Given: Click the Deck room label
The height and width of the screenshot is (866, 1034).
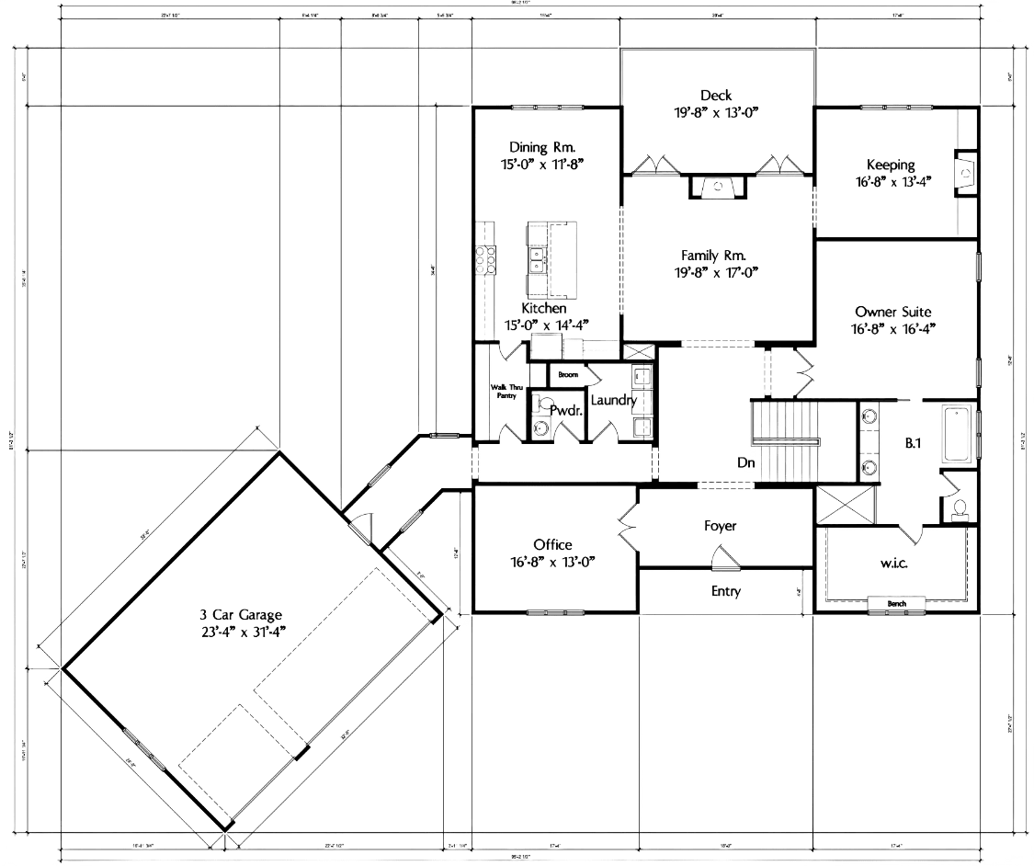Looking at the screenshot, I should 716,96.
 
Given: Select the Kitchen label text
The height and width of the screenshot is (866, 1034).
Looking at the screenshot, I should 544,309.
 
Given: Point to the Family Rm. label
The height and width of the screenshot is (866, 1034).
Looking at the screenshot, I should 713,256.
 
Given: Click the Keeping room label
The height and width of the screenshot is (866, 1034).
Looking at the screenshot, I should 891,165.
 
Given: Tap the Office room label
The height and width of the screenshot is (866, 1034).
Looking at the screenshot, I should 552,545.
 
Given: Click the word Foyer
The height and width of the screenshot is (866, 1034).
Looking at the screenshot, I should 721,527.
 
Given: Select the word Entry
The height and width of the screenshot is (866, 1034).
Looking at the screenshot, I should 726,591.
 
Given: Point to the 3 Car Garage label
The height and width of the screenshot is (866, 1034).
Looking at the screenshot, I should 242,615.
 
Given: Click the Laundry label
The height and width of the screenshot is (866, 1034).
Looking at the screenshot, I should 613,401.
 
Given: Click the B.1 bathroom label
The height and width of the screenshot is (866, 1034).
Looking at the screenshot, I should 913,444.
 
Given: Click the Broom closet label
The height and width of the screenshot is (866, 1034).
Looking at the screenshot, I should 567,375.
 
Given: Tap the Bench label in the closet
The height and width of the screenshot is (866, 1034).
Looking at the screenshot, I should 897,604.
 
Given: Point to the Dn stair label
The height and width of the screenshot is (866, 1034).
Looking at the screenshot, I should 744,464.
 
